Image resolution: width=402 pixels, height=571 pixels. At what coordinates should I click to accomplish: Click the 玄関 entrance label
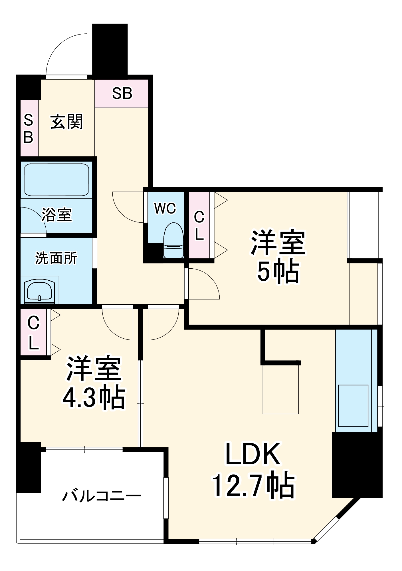(x=66, y=122)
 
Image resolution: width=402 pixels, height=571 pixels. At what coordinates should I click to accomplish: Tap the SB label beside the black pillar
(x=122, y=93)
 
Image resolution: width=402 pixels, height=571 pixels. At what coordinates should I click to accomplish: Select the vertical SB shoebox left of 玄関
(x=29, y=128)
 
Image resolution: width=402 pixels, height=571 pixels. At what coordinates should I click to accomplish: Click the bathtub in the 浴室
(x=56, y=180)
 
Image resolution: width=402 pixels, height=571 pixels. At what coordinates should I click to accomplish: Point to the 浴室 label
(x=56, y=215)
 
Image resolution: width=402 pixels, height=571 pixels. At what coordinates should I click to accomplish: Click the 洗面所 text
(x=56, y=258)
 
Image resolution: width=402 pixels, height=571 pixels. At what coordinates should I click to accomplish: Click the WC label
(x=165, y=208)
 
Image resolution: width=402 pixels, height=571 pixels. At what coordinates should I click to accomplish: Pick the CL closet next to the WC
(x=199, y=226)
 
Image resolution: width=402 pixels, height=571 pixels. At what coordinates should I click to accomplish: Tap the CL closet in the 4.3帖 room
(x=34, y=333)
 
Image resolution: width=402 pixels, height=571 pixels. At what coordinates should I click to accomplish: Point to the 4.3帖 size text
(x=94, y=398)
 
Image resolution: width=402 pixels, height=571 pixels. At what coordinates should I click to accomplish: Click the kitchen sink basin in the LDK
(x=353, y=405)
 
